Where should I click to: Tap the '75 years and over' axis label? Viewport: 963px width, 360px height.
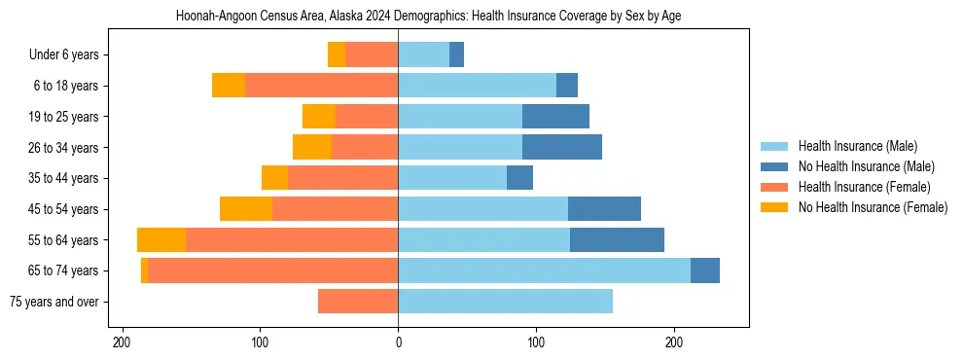53,302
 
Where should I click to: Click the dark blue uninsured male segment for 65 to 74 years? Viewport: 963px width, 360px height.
705,270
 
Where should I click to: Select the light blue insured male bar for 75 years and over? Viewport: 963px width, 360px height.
505,302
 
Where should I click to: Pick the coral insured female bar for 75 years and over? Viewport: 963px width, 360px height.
358,302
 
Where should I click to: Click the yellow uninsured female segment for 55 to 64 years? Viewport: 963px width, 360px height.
161,240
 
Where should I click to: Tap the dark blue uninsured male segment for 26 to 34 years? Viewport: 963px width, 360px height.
562,148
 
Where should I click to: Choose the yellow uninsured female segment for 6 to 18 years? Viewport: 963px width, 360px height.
229,86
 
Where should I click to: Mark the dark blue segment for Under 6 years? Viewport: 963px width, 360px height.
456,55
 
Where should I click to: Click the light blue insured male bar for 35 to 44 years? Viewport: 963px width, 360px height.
452,178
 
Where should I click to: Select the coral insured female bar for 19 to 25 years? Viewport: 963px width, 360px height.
367,117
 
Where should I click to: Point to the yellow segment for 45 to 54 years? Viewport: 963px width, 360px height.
246,209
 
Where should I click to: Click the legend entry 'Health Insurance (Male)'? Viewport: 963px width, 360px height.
857,146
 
